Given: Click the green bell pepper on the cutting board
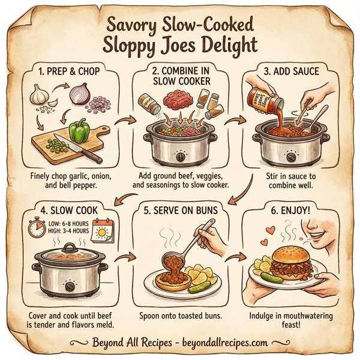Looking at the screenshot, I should coord(79,130).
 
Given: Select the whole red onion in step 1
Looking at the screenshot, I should coord(80,93).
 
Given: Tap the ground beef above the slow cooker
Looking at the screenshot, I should coord(180,97).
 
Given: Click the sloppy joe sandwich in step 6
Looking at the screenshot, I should coord(293,262).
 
